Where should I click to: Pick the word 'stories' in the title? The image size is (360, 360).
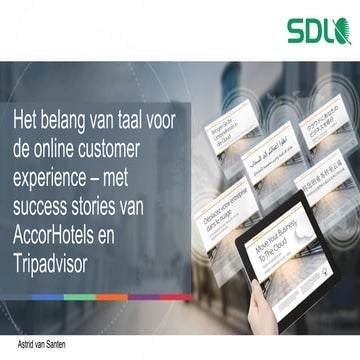[x=116, y=196]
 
